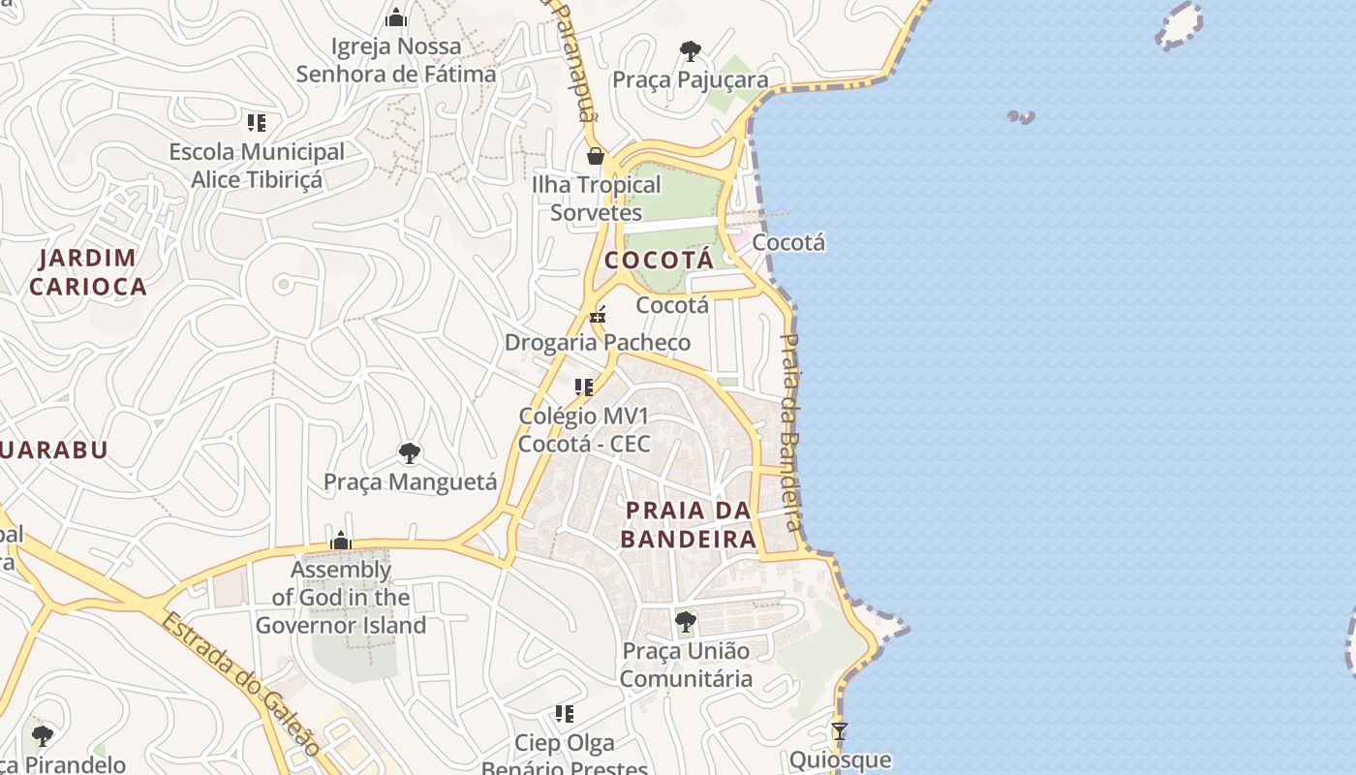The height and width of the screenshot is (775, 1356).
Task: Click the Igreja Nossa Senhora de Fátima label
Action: point(395,60)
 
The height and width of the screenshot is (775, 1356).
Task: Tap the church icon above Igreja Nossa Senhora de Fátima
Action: point(395,17)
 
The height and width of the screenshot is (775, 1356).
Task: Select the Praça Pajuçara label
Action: point(691,80)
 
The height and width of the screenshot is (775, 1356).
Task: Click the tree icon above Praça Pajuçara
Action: point(691,50)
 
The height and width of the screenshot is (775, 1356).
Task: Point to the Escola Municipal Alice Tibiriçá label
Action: point(257,166)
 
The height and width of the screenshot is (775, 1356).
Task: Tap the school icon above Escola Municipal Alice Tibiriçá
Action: point(257,123)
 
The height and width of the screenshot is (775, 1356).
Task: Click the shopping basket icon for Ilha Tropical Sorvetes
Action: point(596,155)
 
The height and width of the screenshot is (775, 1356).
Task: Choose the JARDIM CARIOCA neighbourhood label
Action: point(87,272)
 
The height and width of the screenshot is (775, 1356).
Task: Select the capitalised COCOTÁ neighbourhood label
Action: point(660,261)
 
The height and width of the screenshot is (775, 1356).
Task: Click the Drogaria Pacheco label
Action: point(598,343)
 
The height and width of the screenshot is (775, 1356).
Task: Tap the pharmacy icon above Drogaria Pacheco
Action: point(598,314)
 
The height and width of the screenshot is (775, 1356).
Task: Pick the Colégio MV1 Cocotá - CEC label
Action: point(584,430)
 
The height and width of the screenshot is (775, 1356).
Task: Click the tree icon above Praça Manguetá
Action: point(410,452)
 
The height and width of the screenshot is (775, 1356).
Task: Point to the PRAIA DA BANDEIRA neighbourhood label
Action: point(688,524)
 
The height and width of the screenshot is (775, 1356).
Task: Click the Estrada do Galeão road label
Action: point(239,683)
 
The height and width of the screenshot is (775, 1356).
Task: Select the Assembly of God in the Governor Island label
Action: point(341,598)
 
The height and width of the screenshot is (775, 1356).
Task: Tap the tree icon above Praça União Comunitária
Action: point(686,621)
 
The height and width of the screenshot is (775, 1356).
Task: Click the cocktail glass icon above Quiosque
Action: point(840,730)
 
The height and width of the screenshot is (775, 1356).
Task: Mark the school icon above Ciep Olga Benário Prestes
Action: point(564,714)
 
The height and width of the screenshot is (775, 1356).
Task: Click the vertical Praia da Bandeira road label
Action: point(791,432)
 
